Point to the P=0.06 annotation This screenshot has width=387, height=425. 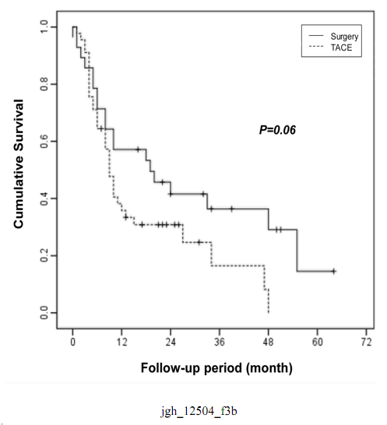pyautogui.click(x=277, y=130)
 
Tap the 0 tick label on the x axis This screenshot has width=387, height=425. pyautogui.click(x=72, y=342)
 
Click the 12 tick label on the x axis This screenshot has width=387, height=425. pyautogui.click(x=121, y=342)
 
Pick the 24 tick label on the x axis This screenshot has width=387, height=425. pyautogui.click(x=171, y=342)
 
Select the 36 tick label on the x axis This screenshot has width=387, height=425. pyautogui.click(x=220, y=342)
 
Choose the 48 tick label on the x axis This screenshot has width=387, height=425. pyautogui.click(x=269, y=342)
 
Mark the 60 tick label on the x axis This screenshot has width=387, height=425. pyautogui.click(x=317, y=342)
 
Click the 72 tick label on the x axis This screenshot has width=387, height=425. pyautogui.click(x=366, y=342)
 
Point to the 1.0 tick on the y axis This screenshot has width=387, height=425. pyautogui.click(x=44, y=27)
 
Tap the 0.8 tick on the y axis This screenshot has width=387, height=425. pyautogui.click(x=44, y=84)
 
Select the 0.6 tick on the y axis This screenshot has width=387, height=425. pyautogui.click(x=44, y=141)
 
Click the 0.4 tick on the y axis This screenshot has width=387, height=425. pyautogui.click(x=44, y=198)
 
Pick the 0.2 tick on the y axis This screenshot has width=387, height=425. pyautogui.click(x=44, y=255)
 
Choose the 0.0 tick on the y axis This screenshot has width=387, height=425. pyautogui.click(x=44, y=313)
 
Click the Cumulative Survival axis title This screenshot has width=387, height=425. pyautogui.click(x=19, y=164)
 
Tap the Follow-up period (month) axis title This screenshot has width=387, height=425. pyautogui.click(x=216, y=368)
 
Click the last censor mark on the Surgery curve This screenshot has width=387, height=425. pyautogui.click(x=334, y=271)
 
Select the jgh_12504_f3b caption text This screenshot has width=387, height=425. pyautogui.click(x=199, y=411)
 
